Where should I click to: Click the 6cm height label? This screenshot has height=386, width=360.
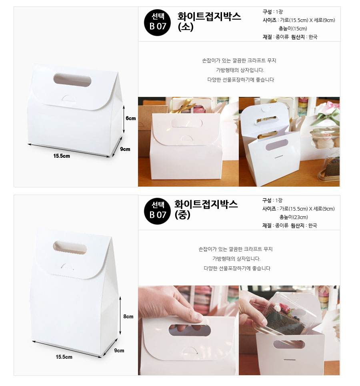(x=130, y=119)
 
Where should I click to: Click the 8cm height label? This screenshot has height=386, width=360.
(x=128, y=317)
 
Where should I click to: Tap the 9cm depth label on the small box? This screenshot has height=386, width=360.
(x=125, y=149)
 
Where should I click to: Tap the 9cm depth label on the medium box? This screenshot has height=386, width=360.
(x=119, y=350)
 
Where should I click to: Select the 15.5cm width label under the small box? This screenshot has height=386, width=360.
(x=62, y=156)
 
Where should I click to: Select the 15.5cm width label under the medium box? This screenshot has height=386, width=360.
(x=64, y=357)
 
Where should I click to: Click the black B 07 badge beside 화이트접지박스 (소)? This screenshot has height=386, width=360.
(x=157, y=23)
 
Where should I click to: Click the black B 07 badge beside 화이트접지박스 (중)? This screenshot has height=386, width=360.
(x=157, y=211)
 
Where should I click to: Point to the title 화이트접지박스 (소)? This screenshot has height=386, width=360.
(x=209, y=21)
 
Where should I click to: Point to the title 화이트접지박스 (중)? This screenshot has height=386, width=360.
(x=206, y=210)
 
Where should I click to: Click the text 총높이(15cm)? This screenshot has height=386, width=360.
(x=293, y=28)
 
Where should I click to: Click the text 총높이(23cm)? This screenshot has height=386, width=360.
(x=294, y=217)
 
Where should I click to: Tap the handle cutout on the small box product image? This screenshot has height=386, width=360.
(x=72, y=80)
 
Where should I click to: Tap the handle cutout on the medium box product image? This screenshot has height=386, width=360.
(x=70, y=247)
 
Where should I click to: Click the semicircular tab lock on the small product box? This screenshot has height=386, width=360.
(x=70, y=98)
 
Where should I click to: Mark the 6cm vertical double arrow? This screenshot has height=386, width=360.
(x=124, y=119)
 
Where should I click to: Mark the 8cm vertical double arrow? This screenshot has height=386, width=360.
(x=120, y=316)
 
